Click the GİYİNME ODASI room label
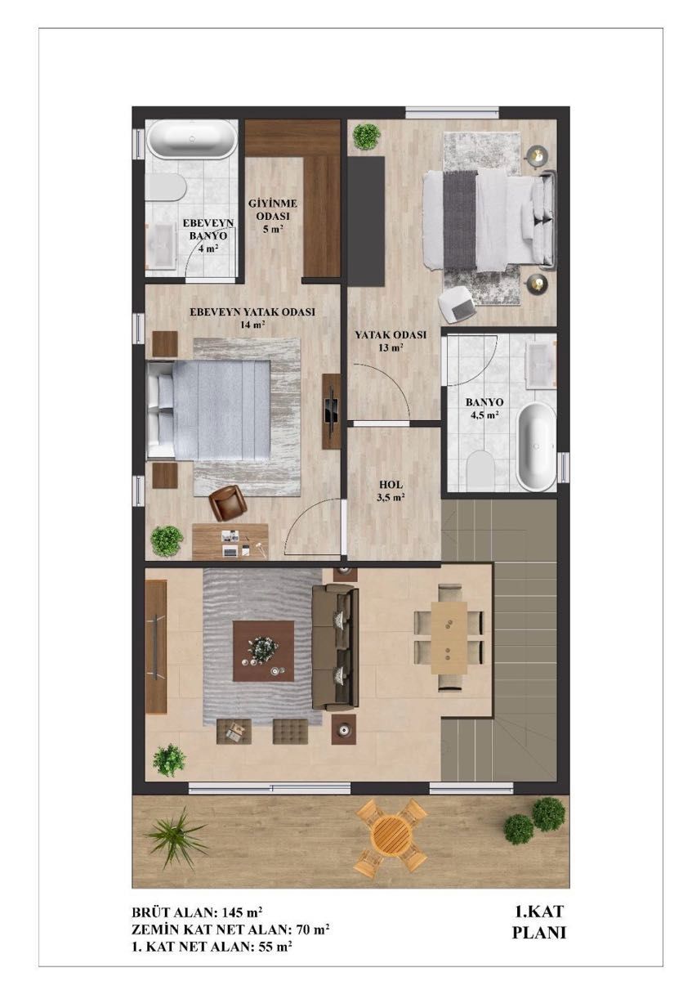pyautogui.click(x=273, y=216)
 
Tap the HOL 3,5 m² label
pyautogui.click(x=391, y=491)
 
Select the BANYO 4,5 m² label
pyautogui.click(x=484, y=408)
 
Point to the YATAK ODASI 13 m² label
pyautogui.click(x=391, y=341)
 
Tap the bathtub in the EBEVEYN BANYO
pyautogui.click(x=191, y=140)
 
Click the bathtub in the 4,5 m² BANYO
pyautogui.click(x=537, y=447)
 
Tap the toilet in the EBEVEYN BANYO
pyautogui.click(x=166, y=187)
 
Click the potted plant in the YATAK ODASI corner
pyautogui.click(x=366, y=137)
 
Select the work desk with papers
pyautogui.click(x=230, y=541)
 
